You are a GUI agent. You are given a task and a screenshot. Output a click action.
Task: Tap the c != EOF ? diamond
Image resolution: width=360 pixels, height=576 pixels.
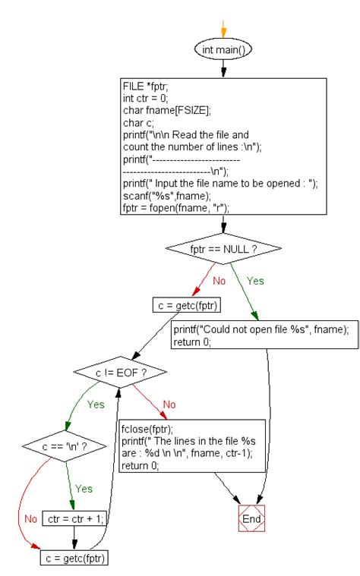coord(120,373)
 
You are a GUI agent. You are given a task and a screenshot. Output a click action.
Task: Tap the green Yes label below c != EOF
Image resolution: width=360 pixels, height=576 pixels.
coord(96,404)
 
